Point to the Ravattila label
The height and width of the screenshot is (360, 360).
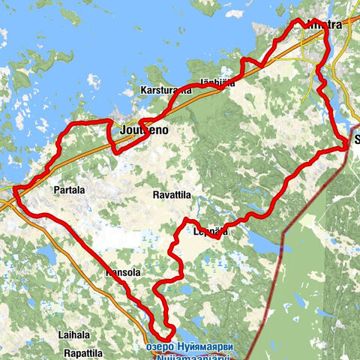point(172,194)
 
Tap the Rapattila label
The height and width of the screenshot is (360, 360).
point(82,352)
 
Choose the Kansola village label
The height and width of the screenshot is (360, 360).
point(124,273)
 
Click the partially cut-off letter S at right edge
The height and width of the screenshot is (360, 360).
point(356,139)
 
